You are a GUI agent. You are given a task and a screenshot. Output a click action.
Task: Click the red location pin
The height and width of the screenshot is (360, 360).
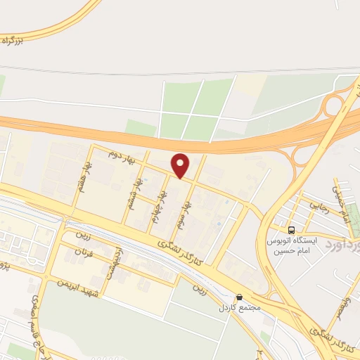click(181, 165)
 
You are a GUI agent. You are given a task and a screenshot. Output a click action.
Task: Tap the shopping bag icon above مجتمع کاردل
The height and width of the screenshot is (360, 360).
click(240, 297)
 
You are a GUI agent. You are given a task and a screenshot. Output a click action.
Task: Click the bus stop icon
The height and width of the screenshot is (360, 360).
click(291, 230)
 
